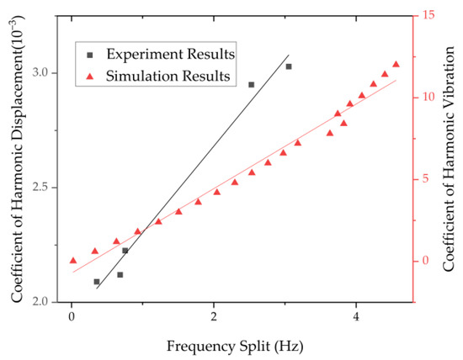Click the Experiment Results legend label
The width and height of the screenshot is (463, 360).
(170, 54)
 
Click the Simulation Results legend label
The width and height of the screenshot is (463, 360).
(168, 77)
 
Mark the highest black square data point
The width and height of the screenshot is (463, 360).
(289, 66)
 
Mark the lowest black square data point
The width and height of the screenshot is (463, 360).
(97, 282)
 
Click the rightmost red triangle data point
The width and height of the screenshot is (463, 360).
(396, 65)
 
